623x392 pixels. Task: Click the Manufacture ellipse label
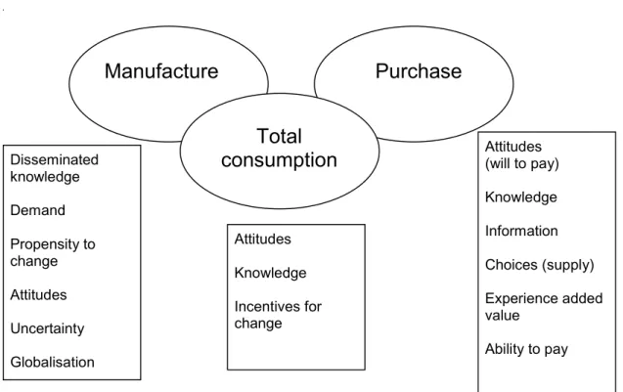[x=161, y=71]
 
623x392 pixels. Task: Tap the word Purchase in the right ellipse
[x=419, y=71]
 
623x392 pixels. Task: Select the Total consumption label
[x=280, y=149]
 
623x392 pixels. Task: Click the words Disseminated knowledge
[x=55, y=168]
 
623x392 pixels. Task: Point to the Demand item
[x=38, y=210]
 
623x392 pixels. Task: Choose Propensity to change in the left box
[x=53, y=252]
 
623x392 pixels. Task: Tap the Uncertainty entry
[x=47, y=328]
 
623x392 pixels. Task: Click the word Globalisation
[x=53, y=363]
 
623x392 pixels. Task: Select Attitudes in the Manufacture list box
[x=38, y=294]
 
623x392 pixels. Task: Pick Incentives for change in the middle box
[x=278, y=315]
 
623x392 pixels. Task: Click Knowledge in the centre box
[x=270, y=273]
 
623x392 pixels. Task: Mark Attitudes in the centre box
[x=263, y=240]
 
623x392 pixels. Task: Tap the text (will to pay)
[x=521, y=163]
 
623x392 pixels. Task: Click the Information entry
[x=521, y=231]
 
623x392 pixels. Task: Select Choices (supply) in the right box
[x=540, y=265]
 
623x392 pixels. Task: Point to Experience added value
[x=544, y=307]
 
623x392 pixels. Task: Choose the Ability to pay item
[x=526, y=349]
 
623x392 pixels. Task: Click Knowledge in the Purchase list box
[x=521, y=197]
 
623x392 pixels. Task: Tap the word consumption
[x=280, y=160]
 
